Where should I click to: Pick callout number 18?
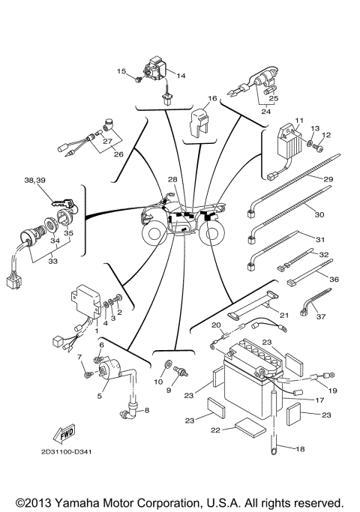[x=300, y=449]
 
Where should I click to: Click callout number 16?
[x=212, y=98]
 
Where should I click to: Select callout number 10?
[x=158, y=382]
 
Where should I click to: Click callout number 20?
[x=215, y=326]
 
